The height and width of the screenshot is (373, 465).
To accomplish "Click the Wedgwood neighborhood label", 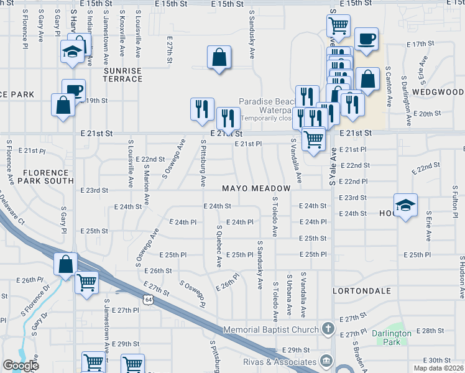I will pos(438,91).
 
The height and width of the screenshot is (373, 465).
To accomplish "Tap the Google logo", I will pos(21,365).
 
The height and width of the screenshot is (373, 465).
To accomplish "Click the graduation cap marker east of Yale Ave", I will pos(405,205).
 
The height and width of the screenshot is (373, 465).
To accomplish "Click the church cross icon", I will pos(328,328).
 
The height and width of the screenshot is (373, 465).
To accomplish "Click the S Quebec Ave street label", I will pos(219,246).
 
